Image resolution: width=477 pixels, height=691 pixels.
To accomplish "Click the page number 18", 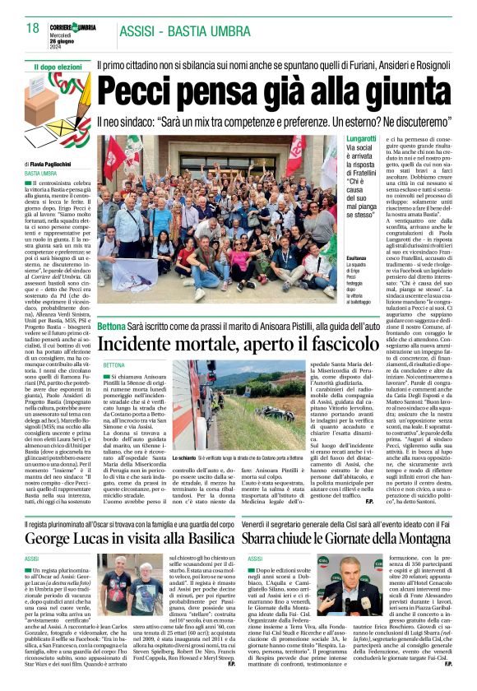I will [x=32, y=29].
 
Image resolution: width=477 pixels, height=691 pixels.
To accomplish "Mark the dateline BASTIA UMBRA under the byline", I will [x=41, y=174].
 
